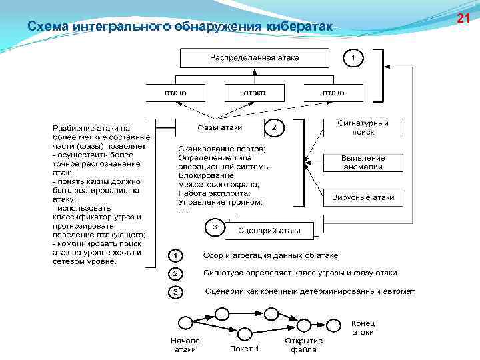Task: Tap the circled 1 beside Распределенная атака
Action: pyautogui.click(x=353, y=58)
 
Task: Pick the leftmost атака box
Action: pyautogui.click(x=175, y=93)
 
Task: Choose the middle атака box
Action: pyautogui.click(x=254, y=93)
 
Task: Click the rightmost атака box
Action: pyautogui.click(x=333, y=93)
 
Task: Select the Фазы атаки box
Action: pyautogui.click(x=219, y=127)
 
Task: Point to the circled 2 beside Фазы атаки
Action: pyautogui.click(x=274, y=127)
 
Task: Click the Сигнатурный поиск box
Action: pyautogui.click(x=363, y=128)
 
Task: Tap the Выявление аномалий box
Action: pyautogui.click(x=363, y=163)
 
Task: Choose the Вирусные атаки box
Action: pyautogui.click(x=363, y=197)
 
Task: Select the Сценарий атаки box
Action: pyautogui.click(x=268, y=231)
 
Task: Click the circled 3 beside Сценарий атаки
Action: pyautogui.click(x=215, y=227)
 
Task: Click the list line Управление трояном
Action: pyautogui.click(x=220, y=202)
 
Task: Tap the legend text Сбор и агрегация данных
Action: pyautogui.click(x=270, y=255)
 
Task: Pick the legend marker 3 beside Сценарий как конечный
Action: pyautogui.click(x=175, y=292)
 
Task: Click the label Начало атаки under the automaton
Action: pyautogui.click(x=185, y=345)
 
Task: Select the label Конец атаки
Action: pyautogui.click(x=363, y=327)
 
